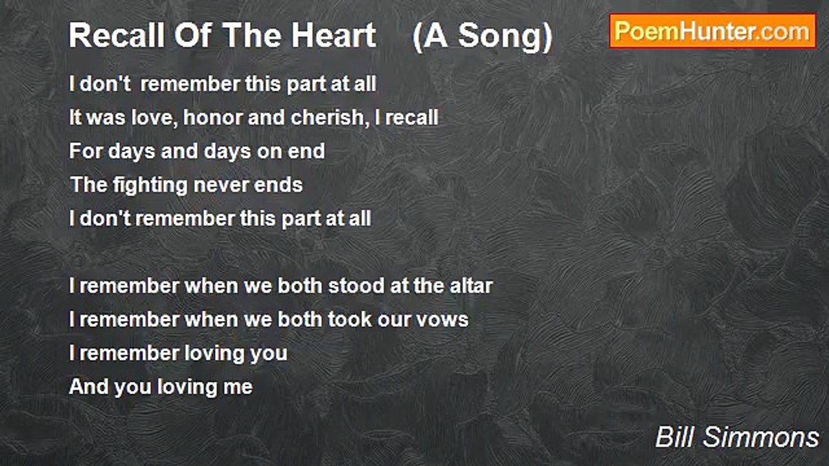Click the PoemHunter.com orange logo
pyautogui.click(x=712, y=32)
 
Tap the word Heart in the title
pyautogui.click(x=334, y=36)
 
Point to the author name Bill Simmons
pyautogui.click(x=737, y=437)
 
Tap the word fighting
pyautogui.click(x=150, y=185)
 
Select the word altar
pyautogui.click(x=471, y=286)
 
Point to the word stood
pyautogui.click(x=356, y=286)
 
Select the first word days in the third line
pyautogui.click(x=131, y=152)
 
